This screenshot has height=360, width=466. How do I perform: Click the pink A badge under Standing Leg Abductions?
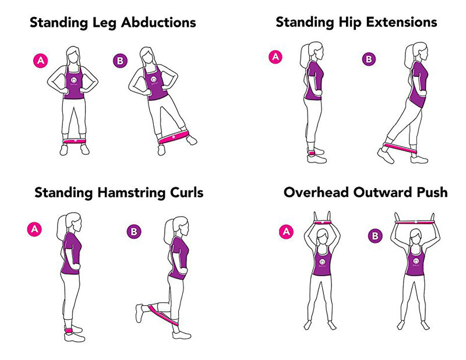pyautogui.click(x=40, y=60)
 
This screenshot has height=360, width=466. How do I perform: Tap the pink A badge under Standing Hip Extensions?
pyautogui.click(x=274, y=57)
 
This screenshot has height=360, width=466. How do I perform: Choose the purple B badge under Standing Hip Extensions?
pyautogui.click(x=369, y=59)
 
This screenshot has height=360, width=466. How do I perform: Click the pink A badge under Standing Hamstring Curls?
pyautogui.click(x=35, y=229)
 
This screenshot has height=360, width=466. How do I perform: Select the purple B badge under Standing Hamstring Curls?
pyautogui.click(x=133, y=231)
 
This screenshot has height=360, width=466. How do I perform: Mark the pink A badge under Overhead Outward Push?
pyautogui.click(x=286, y=232)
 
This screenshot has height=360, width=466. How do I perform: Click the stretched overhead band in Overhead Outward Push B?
pyautogui.click(x=416, y=221)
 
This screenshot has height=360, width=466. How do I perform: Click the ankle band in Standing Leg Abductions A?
pyautogui.click(x=76, y=142)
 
